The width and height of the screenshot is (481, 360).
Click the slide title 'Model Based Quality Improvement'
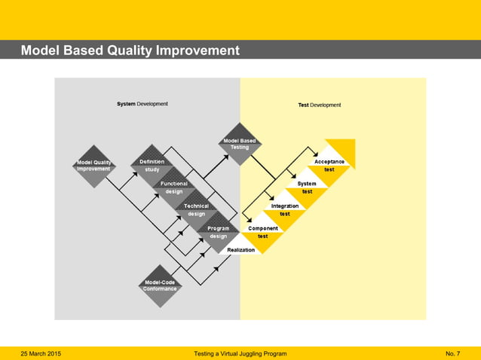click(130, 51)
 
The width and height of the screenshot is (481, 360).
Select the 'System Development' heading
click(142, 104)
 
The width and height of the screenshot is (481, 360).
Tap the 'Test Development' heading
click(320, 105)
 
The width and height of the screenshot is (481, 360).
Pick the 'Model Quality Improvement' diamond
click(93, 165)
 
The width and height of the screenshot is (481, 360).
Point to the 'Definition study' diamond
click(152, 166)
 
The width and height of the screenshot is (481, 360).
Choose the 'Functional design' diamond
click(174, 188)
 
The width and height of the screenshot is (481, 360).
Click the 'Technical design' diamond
click(196, 209)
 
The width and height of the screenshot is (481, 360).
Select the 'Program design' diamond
click(218, 232)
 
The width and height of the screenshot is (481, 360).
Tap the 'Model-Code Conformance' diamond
click(160, 285)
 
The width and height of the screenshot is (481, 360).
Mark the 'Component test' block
click(263, 232)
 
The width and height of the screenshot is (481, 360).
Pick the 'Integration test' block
click(285, 209)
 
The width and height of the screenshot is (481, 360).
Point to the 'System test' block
click(307, 188)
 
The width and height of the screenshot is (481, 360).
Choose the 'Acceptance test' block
click(329, 165)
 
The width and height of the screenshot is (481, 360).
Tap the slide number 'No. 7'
click(453, 353)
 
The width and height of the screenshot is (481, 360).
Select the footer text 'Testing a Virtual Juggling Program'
click(240, 353)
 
